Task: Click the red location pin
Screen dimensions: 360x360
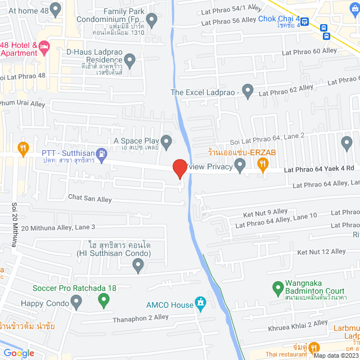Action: pos(179,168)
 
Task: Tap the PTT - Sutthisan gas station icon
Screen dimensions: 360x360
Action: pos(101,152)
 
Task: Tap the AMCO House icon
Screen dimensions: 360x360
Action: pos(200,305)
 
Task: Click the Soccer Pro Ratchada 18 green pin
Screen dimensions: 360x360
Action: pos(103,301)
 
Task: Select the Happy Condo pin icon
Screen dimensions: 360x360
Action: pos(77,304)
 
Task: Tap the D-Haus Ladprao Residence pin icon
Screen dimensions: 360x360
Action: pos(130,59)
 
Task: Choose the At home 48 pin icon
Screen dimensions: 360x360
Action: pos(55,9)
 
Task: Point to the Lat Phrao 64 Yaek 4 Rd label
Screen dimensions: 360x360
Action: pos(318,168)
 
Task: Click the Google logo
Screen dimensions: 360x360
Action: pos(19,353)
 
